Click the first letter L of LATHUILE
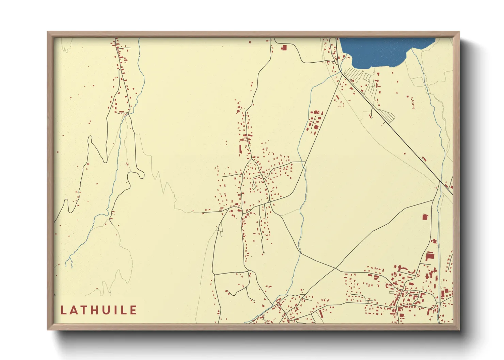63,310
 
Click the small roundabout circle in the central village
269,202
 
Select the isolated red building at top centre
284,48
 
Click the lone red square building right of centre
425,217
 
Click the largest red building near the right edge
429,256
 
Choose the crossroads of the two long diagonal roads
336,269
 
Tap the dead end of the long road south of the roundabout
263,253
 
